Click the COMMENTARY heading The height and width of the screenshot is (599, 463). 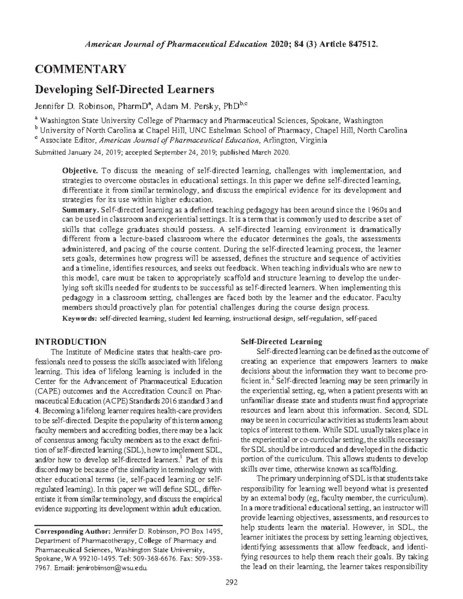pyautogui.click(x=80, y=69)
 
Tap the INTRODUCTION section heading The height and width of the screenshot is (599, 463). pyautogui.click(x=71, y=342)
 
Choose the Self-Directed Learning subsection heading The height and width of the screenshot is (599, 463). pyautogui.click(x=281, y=342)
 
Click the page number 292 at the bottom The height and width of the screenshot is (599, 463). pyautogui.click(x=231, y=582)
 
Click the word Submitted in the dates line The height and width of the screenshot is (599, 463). pyautogui.click(x=50, y=152)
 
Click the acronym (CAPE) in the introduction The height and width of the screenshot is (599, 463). pyautogui.click(x=47, y=390)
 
